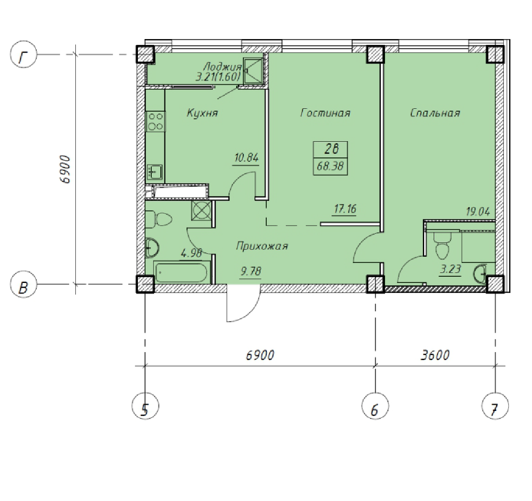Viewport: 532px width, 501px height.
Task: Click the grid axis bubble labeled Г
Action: (x=23, y=54)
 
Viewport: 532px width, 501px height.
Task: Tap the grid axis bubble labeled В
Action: (x=23, y=284)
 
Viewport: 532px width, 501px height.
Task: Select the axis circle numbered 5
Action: (x=145, y=406)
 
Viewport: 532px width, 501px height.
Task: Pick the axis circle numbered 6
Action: (x=375, y=406)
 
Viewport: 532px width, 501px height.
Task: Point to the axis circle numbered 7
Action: (x=495, y=406)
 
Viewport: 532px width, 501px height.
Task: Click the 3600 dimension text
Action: (x=435, y=355)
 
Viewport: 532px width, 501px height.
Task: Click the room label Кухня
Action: (x=202, y=113)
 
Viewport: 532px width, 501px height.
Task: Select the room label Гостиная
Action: (x=325, y=113)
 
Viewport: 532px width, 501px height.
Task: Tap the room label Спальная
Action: (x=435, y=113)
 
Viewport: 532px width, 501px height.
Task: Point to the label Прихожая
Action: (x=262, y=246)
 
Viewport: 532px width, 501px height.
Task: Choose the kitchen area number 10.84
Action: (x=247, y=158)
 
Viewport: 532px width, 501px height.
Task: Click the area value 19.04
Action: (x=478, y=212)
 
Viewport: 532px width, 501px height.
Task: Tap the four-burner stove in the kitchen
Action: (x=156, y=122)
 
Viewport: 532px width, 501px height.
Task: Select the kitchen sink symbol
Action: (x=155, y=172)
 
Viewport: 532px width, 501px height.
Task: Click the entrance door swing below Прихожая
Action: (x=244, y=304)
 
